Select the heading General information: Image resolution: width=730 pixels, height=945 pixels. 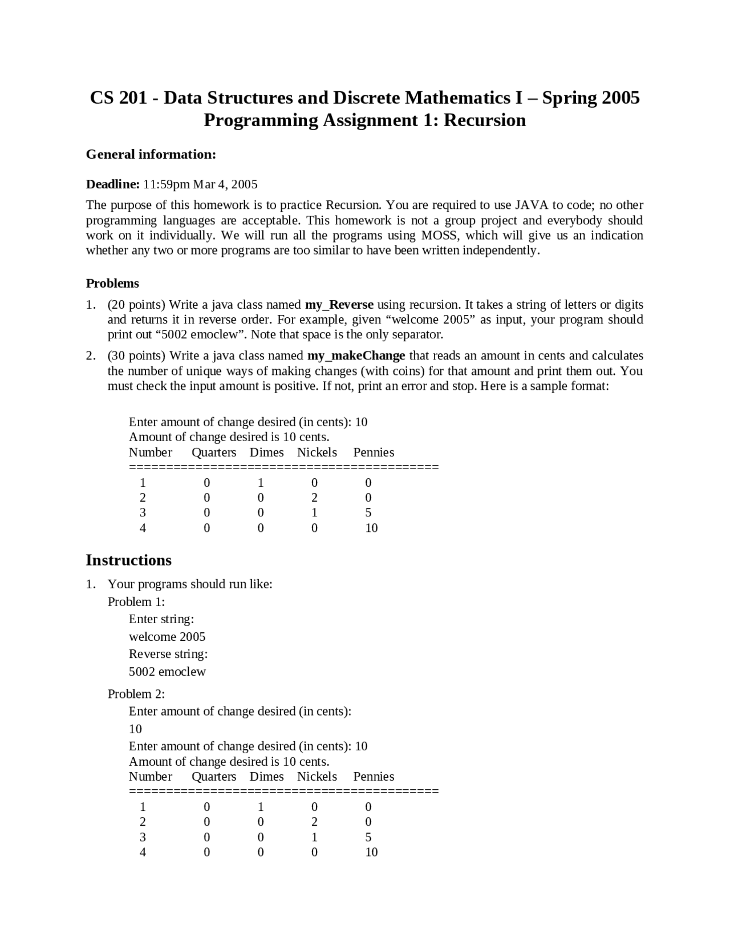click(151, 154)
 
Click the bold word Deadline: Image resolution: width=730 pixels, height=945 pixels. click(112, 184)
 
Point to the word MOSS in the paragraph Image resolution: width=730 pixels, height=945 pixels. click(440, 235)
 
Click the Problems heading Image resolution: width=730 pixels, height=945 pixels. click(112, 284)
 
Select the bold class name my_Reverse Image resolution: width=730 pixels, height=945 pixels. click(339, 305)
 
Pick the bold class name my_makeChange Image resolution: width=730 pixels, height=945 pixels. click(356, 356)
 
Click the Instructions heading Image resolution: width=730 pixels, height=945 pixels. click(128, 560)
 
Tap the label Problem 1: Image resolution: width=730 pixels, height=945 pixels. click(136, 601)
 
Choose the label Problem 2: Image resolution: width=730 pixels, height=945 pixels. click(136, 694)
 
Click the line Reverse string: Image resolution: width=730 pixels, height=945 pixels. click(168, 654)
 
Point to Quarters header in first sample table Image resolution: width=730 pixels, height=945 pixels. click(214, 453)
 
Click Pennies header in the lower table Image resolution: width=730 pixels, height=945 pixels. click(374, 777)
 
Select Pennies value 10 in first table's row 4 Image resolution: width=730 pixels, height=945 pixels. click(371, 528)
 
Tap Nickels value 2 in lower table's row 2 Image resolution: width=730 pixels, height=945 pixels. click(314, 822)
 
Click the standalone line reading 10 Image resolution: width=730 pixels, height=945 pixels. click(135, 729)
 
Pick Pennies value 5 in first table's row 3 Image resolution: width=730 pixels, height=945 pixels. click(368, 512)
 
